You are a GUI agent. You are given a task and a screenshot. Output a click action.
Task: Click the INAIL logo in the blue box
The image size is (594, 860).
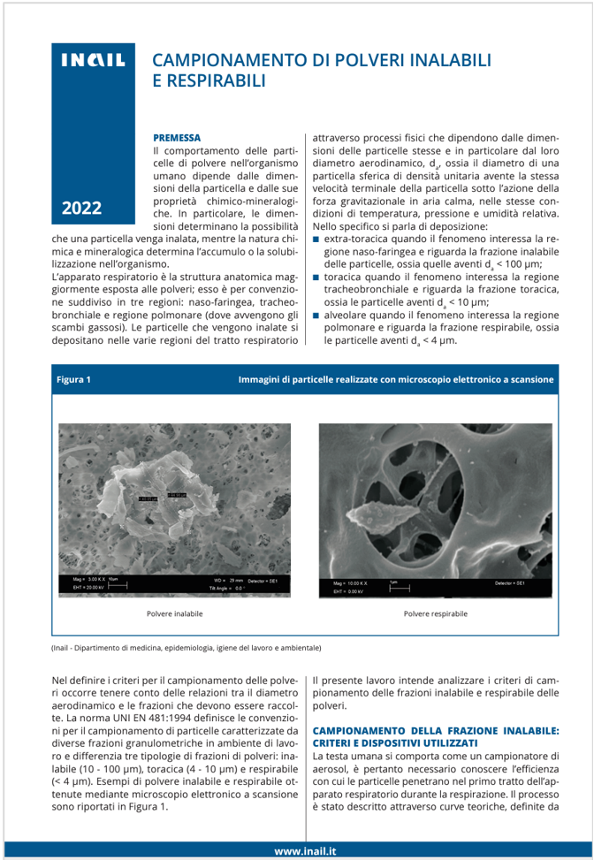click(x=93, y=61)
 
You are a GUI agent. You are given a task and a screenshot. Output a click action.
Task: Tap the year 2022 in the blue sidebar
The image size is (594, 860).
click(x=81, y=209)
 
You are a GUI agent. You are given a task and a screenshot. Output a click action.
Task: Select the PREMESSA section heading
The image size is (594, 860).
click(x=177, y=138)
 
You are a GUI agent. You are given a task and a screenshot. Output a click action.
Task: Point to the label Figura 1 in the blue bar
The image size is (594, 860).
click(x=74, y=379)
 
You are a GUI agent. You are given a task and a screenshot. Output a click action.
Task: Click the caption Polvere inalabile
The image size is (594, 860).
click(x=175, y=613)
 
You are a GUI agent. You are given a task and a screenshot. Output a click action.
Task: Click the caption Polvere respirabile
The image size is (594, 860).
click(x=435, y=613)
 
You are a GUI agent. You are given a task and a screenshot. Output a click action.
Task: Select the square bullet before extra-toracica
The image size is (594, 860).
click(x=316, y=240)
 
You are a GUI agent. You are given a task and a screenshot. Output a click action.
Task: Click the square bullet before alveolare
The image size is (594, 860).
click(x=316, y=314)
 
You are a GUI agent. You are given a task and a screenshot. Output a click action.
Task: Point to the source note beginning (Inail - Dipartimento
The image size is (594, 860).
click(x=187, y=648)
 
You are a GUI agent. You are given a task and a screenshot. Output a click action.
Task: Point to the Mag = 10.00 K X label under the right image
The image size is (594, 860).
click(x=349, y=583)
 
